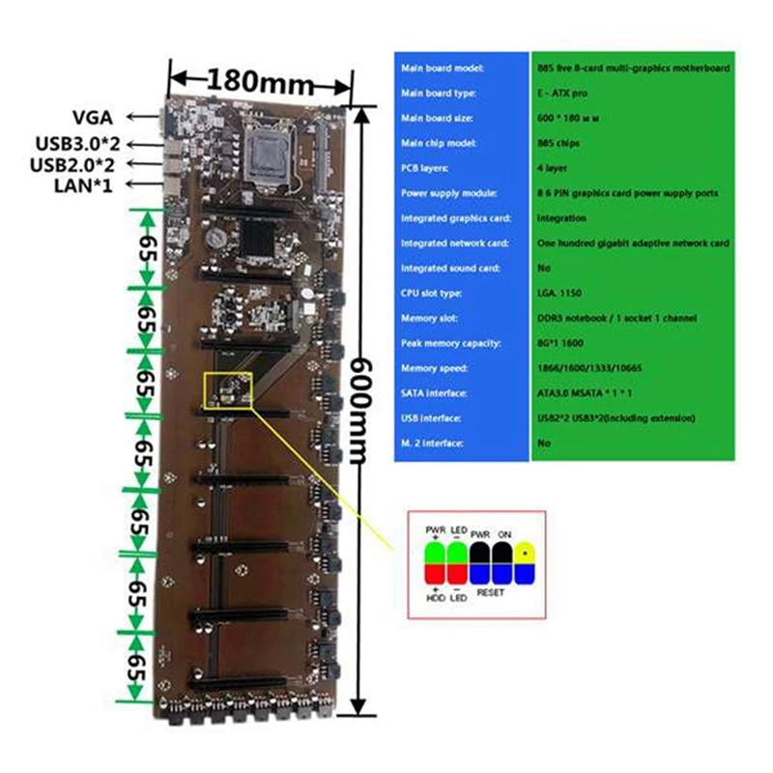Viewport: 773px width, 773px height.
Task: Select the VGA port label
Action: click(x=91, y=117)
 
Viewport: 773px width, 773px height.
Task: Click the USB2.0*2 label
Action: click(x=73, y=163)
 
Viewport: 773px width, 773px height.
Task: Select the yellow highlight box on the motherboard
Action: click(x=228, y=389)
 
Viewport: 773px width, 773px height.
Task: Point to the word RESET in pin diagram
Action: click(x=490, y=591)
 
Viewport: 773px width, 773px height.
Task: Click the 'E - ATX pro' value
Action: click(x=560, y=93)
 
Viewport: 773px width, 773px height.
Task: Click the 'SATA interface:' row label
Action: click(x=436, y=393)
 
